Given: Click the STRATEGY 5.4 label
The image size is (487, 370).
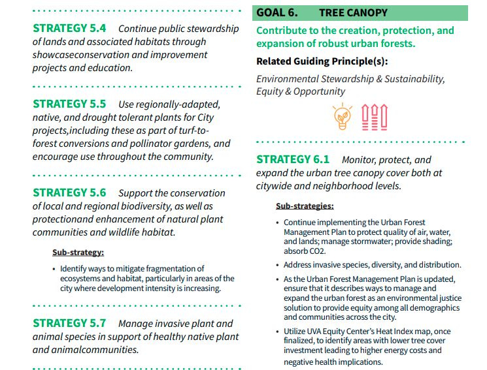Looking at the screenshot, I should point(69,29).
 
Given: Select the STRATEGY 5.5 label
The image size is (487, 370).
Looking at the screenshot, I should point(69,104).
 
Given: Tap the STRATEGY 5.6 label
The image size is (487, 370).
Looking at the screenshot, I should point(69,193).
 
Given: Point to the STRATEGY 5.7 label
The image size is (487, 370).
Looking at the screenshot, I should point(69,324).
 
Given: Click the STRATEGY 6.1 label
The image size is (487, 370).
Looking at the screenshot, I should point(293,160).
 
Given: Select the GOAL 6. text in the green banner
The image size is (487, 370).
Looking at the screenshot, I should point(277,12).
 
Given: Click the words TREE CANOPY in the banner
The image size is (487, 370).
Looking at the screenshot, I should point(353,12).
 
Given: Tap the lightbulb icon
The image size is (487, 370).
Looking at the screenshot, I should point(342,116).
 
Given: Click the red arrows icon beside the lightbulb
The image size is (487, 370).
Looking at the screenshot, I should point(375,116).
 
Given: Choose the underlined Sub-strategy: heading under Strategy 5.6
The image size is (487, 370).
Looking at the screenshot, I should point(78,253).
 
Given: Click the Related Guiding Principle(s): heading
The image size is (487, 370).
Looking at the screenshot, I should point(322,61).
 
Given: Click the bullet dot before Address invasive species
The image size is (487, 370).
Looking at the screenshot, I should point(278,265).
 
